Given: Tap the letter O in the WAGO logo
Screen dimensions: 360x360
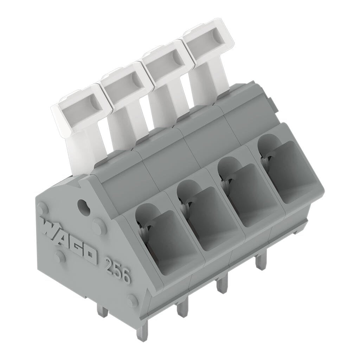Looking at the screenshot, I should point(89,256).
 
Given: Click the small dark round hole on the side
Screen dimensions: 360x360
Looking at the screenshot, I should point(83,204).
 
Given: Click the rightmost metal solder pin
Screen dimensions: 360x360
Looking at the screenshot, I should point(260,262).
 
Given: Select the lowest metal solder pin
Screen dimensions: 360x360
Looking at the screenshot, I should point(142,332).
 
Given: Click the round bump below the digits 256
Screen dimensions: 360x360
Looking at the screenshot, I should point(133,301).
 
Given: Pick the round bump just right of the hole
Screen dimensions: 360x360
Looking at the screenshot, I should point(99,227).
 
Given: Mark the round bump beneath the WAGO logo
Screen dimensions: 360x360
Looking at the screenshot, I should point(60,257).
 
